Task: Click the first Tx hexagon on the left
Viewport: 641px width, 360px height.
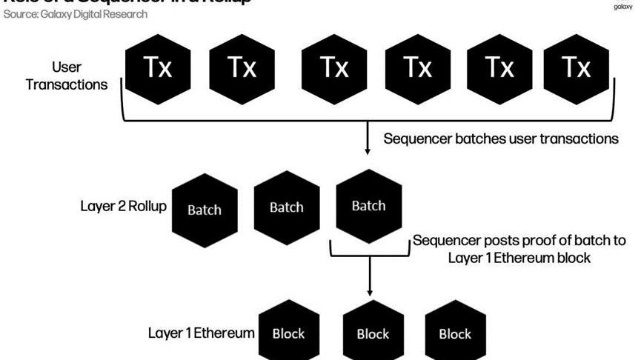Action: click(x=158, y=67)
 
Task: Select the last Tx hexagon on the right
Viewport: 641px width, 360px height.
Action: click(x=577, y=67)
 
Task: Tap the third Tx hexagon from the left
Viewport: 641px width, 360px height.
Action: click(x=333, y=67)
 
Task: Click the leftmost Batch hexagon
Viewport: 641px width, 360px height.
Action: click(x=204, y=209)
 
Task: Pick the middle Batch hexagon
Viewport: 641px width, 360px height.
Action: click(x=286, y=207)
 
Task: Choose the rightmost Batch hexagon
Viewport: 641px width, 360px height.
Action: click(x=368, y=206)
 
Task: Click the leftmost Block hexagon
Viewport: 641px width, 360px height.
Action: click(x=289, y=333)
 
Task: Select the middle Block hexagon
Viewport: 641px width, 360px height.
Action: click(x=373, y=333)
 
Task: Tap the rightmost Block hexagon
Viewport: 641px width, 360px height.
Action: click(x=455, y=333)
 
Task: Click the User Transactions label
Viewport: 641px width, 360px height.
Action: click(x=66, y=76)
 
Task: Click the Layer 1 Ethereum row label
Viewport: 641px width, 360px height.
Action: click(x=202, y=333)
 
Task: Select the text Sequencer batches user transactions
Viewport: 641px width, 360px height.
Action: click(x=501, y=139)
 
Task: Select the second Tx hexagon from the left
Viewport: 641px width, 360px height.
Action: click(x=242, y=67)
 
